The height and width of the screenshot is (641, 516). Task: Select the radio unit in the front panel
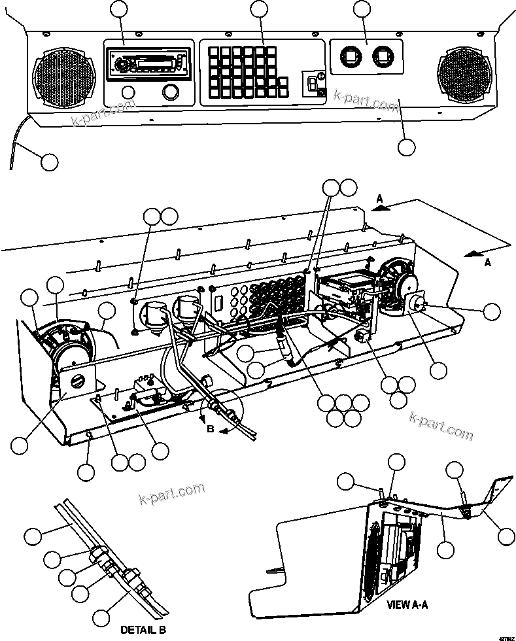148,62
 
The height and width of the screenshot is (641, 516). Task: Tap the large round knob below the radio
171,92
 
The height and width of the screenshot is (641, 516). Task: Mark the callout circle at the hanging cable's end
49,161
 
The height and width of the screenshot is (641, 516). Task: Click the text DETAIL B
142,630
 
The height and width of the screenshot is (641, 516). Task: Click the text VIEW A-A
407,605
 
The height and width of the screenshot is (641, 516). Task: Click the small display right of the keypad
314,82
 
